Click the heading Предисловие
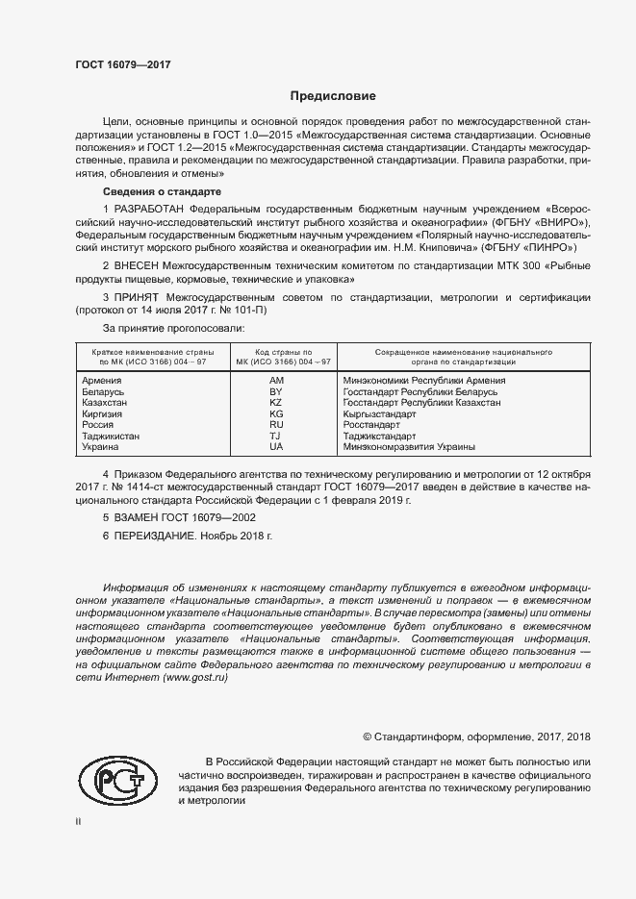(334, 96)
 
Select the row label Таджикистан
(113, 436)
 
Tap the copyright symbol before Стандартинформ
(368, 737)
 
